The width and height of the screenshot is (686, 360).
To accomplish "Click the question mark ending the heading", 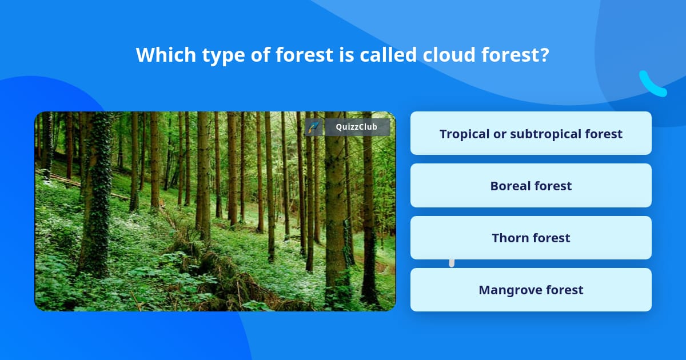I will tap(544, 55).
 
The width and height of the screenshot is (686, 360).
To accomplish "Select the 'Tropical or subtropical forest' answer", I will tap(531, 133).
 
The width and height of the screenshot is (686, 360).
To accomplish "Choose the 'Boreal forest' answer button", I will tap(531, 186).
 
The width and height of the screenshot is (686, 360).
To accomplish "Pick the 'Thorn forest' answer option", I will tap(531, 238).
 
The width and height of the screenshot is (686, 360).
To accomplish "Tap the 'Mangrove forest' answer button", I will tap(531, 290).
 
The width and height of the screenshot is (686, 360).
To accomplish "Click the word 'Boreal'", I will tap(509, 186).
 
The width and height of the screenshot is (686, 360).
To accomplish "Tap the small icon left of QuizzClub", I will tap(314, 127).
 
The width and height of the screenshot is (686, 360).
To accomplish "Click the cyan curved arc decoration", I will tap(652, 85).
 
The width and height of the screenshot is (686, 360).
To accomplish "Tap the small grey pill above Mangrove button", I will tap(452, 263).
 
